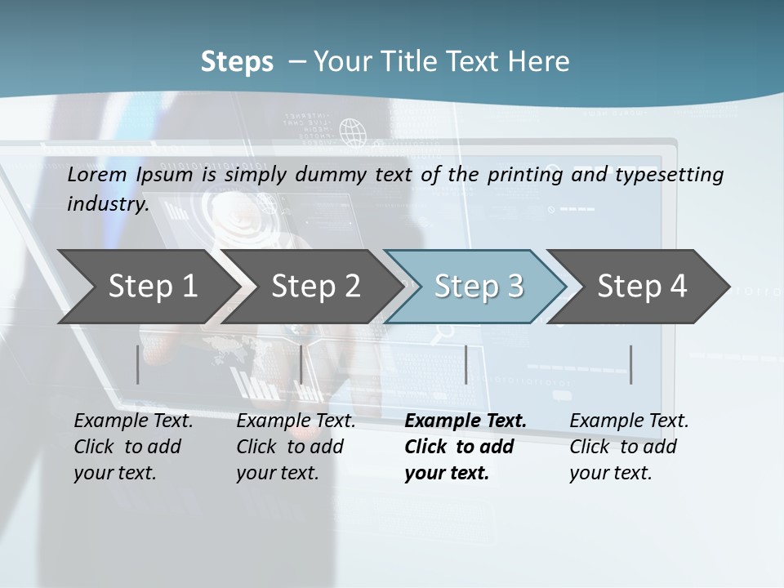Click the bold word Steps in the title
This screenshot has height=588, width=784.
[x=237, y=62]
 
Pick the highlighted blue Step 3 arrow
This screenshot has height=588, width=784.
[x=479, y=287]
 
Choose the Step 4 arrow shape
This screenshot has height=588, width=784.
[x=642, y=287]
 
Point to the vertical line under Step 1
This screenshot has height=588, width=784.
[x=138, y=364]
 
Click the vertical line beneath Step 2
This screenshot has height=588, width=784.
[x=301, y=364]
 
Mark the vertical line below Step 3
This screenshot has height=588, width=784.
[x=466, y=364]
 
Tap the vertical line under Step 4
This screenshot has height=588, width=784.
[x=631, y=364]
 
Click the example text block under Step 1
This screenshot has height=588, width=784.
[x=132, y=447]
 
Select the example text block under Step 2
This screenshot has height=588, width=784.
[x=296, y=447]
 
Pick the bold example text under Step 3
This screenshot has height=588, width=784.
[x=465, y=447]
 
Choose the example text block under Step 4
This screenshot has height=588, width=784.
[x=628, y=447]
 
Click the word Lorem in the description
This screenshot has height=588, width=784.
[x=97, y=175]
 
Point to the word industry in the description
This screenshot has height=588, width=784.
[x=108, y=204]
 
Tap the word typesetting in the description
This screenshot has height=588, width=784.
[x=675, y=175]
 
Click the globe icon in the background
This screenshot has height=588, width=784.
[x=352, y=130]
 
